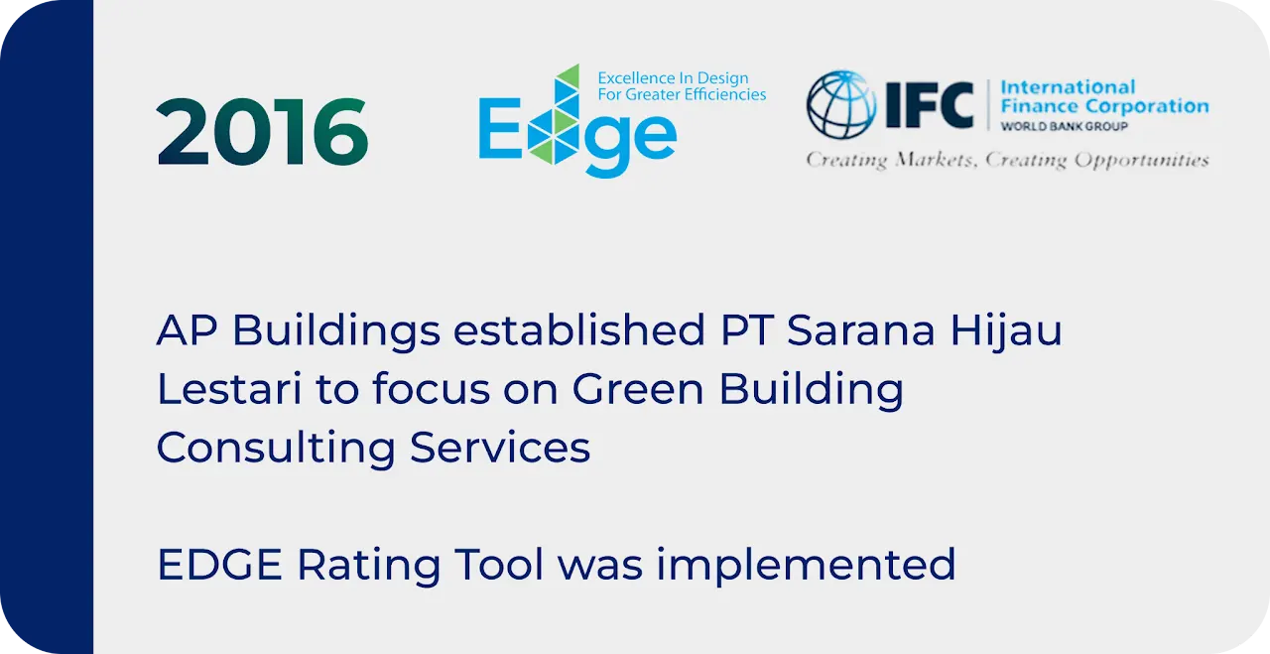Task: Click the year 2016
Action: pyautogui.click(x=263, y=132)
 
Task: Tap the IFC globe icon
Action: pyautogui.click(x=841, y=105)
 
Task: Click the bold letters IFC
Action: pyautogui.click(x=930, y=105)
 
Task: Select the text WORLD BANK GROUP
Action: pyautogui.click(x=1065, y=126)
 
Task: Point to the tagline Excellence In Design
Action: pyautogui.click(x=673, y=77)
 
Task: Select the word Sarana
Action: pyautogui.click(x=860, y=330)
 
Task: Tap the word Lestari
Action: pyautogui.click(x=229, y=389)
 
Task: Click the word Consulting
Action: pyautogui.click(x=276, y=450)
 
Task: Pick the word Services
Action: pyautogui.click(x=500, y=449)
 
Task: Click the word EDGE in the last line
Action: pyautogui.click(x=219, y=565)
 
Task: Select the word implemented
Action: pyautogui.click(x=807, y=565)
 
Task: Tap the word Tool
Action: pyautogui.click(x=499, y=565)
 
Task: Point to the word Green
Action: pyautogui.click(x=638, y=389)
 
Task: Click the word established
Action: pyautogui.click(x=578, y=330)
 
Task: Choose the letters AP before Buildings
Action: pyautogui.click(x=188, y=330)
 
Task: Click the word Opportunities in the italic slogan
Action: pyautogui.click(x=1142, y=161)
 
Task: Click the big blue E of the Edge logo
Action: pyautogui.click(x=499, y=128)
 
